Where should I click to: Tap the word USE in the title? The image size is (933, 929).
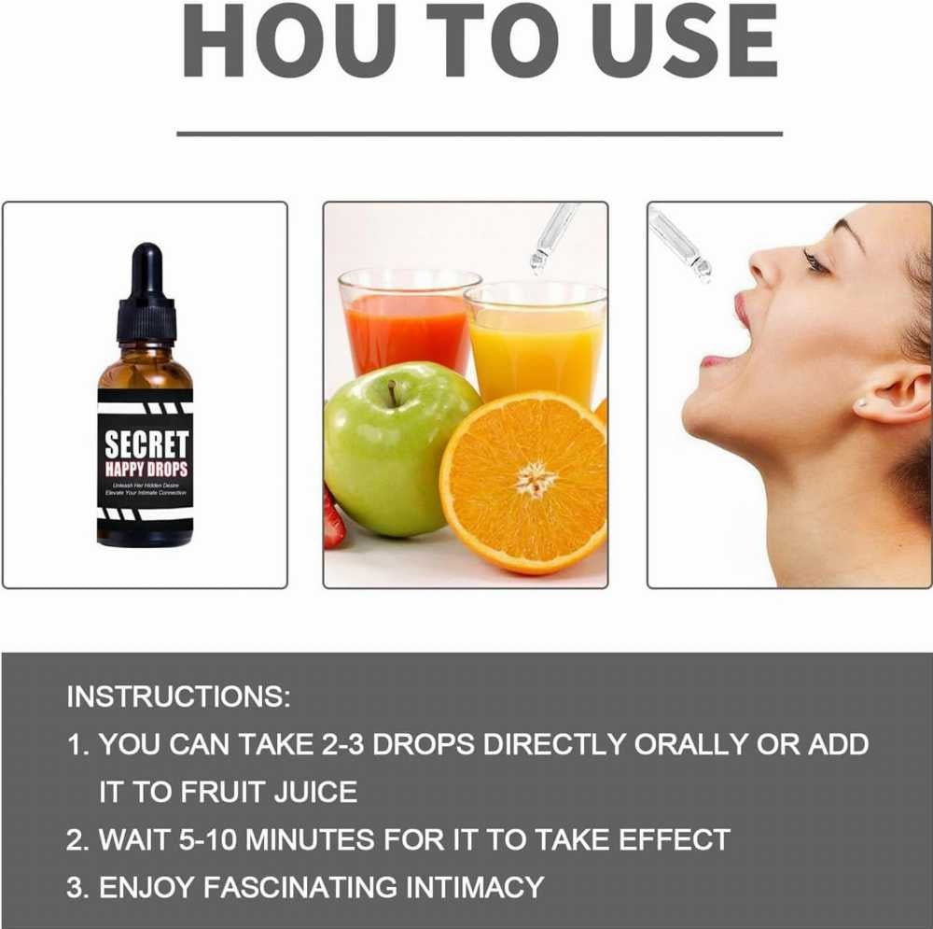pos(684,41)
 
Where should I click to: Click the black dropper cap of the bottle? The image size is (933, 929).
pos(146,297)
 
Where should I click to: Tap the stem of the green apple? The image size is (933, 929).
pos(393,393)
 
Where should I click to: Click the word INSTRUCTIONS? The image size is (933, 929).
pos(178,697)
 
